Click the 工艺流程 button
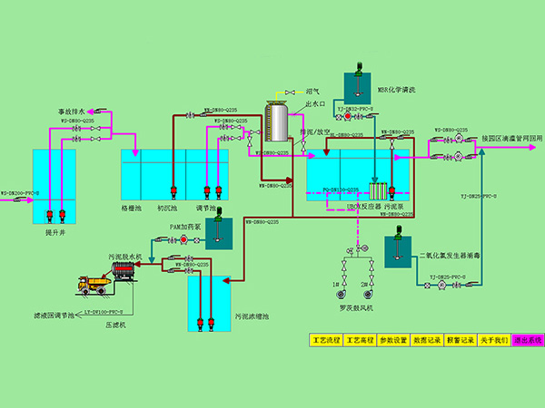[x=325, y=340]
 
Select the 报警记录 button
[x=461, y=340]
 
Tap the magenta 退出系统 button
[x=527, y=340]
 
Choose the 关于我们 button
[x=494, y=340]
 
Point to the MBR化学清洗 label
[x=396, y=90]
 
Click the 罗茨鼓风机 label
[x=353, y=308]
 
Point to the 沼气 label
[x=312, y=92]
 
